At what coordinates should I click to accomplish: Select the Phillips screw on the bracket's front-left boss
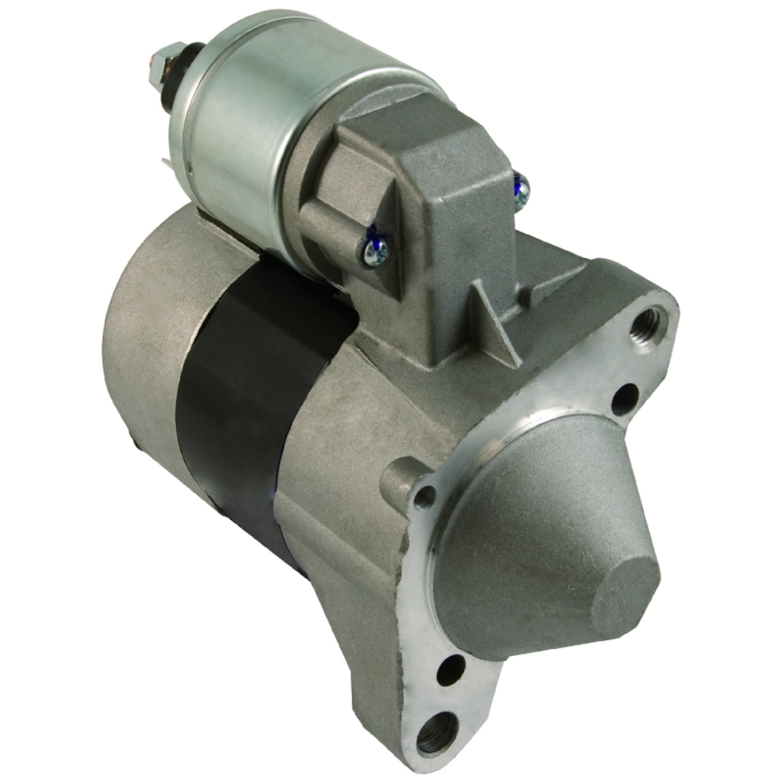(376, 249)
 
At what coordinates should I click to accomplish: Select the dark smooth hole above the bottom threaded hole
(451, 669)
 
